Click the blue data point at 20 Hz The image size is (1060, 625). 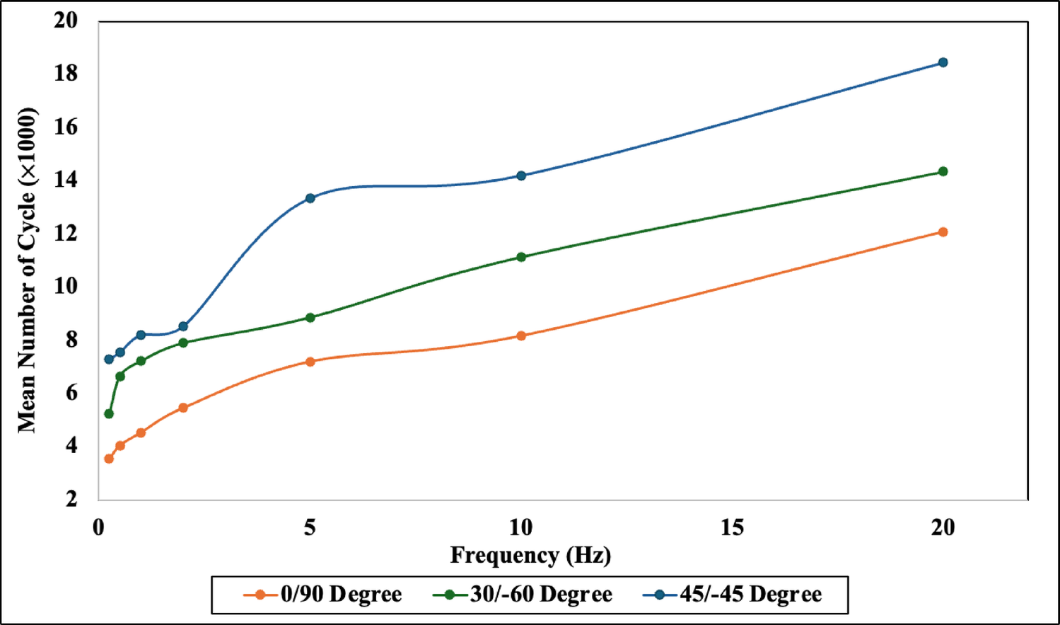pos(943,62)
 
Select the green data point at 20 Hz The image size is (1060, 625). pos(943,171)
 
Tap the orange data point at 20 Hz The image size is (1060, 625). pos(943,232)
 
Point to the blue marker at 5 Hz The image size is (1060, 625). pos(310,198)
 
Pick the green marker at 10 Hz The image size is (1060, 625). pos(521,258)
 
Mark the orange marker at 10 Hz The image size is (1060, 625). pos(521,336)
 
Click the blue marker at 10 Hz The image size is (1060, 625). pos(521,176)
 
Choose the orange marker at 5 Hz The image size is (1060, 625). pos(310,362)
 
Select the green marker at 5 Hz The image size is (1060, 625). pos(310,318)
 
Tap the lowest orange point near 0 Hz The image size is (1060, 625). pos(109,459)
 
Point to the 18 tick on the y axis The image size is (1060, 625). pos(65,74)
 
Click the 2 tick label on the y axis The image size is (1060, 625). pos(71,498)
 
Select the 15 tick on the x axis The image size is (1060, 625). pos(732,527)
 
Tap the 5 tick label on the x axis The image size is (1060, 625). pos(310,527)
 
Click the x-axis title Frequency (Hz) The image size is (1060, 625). pos(530,556)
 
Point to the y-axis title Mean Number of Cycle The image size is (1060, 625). pos(27,270)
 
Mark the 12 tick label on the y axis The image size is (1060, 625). pos(65,233)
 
